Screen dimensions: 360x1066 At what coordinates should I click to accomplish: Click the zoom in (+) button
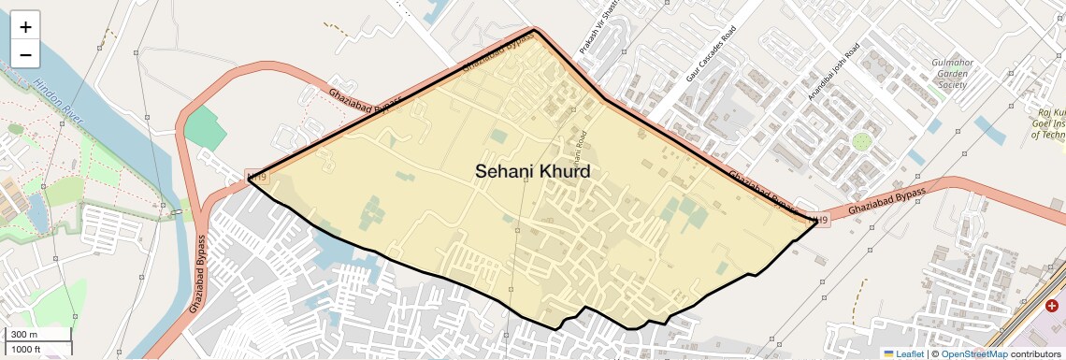[25, 27]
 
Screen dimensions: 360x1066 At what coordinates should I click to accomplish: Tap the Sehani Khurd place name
[533, 171]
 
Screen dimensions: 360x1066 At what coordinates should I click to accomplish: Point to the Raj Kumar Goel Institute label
[1047, 122]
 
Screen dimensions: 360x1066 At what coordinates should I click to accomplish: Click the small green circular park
[861, 141]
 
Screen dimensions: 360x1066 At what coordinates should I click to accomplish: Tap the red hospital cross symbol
[1052, 305]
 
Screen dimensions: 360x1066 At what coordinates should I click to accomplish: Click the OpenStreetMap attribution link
[973, 353]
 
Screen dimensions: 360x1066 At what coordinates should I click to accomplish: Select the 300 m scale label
[24, 335]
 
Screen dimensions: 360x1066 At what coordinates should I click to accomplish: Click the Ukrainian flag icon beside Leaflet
[889, 353]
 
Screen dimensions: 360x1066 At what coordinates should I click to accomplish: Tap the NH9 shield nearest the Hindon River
[255, 176]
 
